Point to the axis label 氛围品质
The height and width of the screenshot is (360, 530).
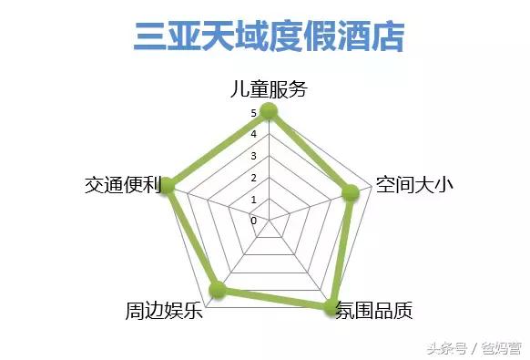click(374, 311)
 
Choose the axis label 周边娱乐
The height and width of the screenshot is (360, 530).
click(163, 311)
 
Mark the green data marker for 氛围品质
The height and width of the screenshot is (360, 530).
click(331, 307)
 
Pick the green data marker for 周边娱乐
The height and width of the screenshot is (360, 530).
click(217, 290)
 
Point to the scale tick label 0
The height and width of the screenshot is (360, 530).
click(254, 221)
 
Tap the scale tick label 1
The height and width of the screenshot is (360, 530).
click(254, 200)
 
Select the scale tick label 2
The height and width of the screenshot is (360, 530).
click(254, 178)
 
